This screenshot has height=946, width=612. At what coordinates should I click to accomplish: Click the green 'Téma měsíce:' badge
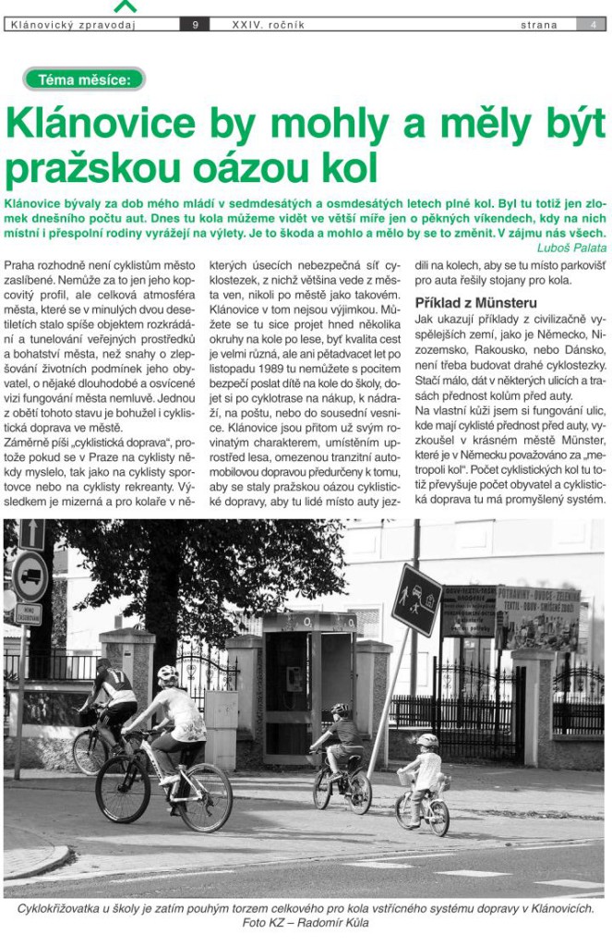pyautogui.click(x=84, y=79)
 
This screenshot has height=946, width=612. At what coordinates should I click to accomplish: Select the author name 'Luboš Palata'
pyautogui.click(x=571, y=247)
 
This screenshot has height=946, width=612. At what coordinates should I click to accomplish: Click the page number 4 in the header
pyautogui.click(x=592, y=25)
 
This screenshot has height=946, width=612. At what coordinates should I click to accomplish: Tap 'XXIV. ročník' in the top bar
pyautogui.click(x=269, y=25)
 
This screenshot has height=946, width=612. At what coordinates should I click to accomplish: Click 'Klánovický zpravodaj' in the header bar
pyautogui.click(x=71, y=25)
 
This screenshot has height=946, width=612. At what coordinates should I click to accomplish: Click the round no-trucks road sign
pyautogui.click(x=30, y=576)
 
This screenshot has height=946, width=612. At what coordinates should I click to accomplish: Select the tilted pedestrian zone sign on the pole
pyautogui.click(x=416, y=600)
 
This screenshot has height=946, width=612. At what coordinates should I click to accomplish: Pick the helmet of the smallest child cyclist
pyautogui.click(x=426, y=740)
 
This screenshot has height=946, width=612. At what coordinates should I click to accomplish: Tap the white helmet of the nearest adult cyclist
pyautogui.click(x=167, y=673)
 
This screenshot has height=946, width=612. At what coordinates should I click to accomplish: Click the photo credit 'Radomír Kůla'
pyautogui.click(x=326, y=923)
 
